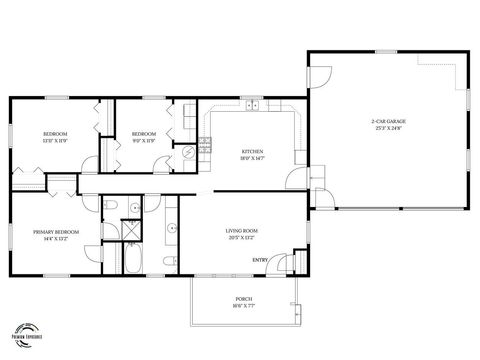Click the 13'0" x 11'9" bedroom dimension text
coord(54,139)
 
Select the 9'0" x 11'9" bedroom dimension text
coord(145,139)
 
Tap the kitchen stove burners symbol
coord(205,142)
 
